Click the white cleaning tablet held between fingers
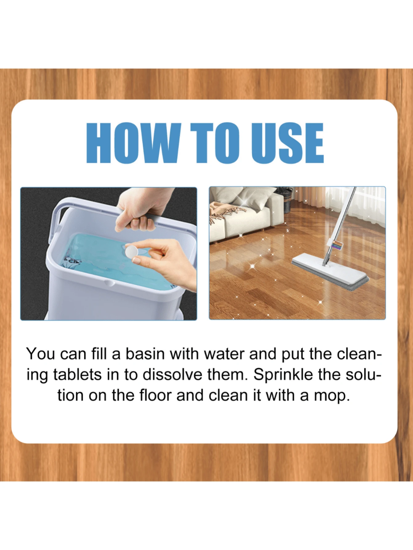tap(132, 252)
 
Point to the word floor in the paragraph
tap(155, 395)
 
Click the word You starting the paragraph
tap(40, 354)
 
